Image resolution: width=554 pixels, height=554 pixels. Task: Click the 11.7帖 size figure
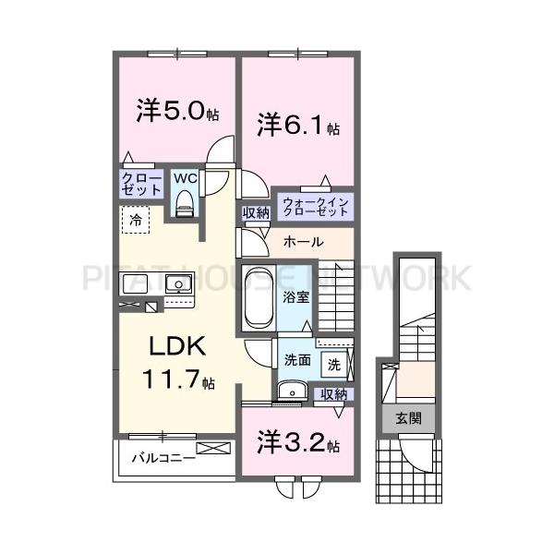[x=179, y=379]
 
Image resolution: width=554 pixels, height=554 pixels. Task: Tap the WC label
[x=184, y=177]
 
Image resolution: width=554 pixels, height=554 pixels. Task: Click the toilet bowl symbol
[x=184, y=202]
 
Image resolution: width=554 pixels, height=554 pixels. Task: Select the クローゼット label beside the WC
[x=141, y=183]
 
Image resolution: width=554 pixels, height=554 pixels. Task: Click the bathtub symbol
[x=258, y=297]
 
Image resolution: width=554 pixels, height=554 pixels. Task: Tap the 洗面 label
[x=295, y=361]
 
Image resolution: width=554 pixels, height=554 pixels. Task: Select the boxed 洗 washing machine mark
[x=334, y=364]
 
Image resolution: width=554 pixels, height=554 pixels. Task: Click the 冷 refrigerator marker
[x=135, y=220]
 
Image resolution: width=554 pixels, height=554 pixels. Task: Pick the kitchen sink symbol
[x=177, y=283]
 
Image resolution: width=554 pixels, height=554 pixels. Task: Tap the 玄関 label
[x=409, y=418]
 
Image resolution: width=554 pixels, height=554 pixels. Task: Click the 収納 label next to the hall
[x=256, y=213]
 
